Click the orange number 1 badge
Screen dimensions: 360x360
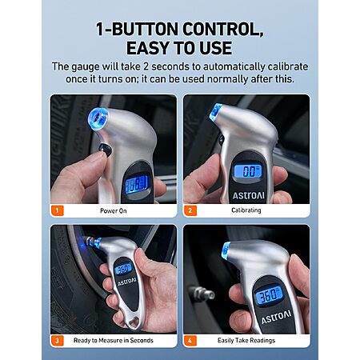[x=57, y=210]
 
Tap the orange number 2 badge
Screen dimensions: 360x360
[x=190, y=210]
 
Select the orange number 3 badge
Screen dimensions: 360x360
[x=57, y=341]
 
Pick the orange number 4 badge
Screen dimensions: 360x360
[x=190, y=341]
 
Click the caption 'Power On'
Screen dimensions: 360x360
[x=114, y=210]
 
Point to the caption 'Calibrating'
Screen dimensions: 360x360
[x=246, y=210]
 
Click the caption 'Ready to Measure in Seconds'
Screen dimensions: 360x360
[x=114, y=340]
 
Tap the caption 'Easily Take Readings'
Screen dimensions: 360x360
[x=246, y=340]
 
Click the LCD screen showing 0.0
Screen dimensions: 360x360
[x=247, y=171]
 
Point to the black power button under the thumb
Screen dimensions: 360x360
[x=105, y=150]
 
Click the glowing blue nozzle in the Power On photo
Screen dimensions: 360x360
[x=98, y=118]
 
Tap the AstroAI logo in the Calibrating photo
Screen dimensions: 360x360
[x=249, y=195]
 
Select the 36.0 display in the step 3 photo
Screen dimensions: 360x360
[x=123, y=269]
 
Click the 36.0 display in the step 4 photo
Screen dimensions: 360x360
[x=269, y=294]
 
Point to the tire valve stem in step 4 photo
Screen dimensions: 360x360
[x=202, y=294]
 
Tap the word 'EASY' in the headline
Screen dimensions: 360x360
[x=148, y=48]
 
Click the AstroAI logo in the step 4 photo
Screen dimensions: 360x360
[x=276, y=317]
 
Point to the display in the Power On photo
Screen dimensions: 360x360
[x=137, y=184]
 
